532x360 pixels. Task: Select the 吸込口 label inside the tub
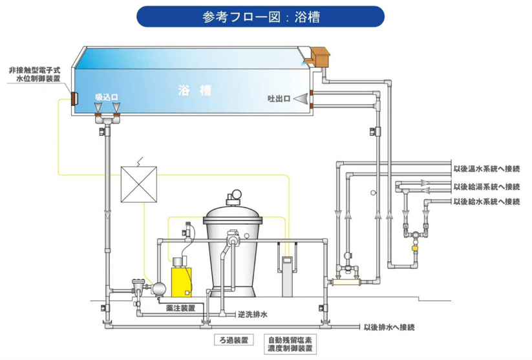pos(107,96)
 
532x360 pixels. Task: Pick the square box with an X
pos(138,184)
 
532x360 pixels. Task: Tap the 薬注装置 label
pos(178,308)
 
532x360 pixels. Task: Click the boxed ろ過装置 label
pos(233,340)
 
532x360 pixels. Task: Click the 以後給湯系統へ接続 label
pos(487,187)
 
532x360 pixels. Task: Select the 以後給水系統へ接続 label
pos(487,202)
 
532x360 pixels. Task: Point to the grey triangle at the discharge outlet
pos(300,99)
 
